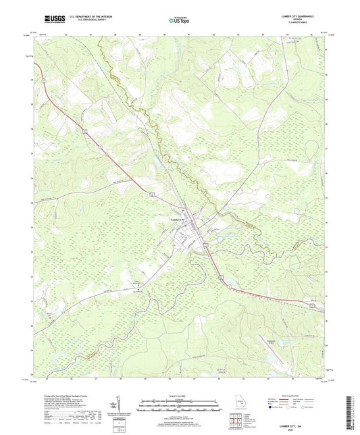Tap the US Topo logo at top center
[x=174, y=22]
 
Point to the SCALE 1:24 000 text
[x=180, y=395]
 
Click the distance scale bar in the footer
[x=180, y=407]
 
